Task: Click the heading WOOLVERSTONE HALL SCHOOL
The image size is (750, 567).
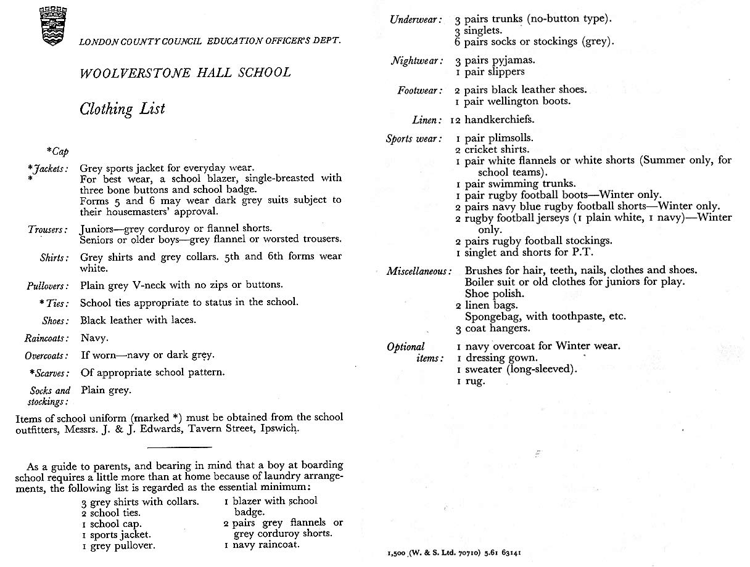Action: [x=185, y=73]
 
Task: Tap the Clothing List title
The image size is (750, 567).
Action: [x=122, y=109]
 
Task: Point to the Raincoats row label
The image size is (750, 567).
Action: [x=48, y=338]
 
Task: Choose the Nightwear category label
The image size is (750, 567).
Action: [x=418, y=61]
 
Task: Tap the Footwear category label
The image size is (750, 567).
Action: [x=420, y=91]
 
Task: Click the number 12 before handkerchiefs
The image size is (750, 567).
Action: [x=456, y=120]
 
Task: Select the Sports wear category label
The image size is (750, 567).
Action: [x=414, y=139]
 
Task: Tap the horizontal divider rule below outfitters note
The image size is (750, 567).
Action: [x=180, y=447]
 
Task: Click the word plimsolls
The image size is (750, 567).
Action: [x=509, y=138]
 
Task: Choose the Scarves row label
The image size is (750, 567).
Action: [x=49, y=373]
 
